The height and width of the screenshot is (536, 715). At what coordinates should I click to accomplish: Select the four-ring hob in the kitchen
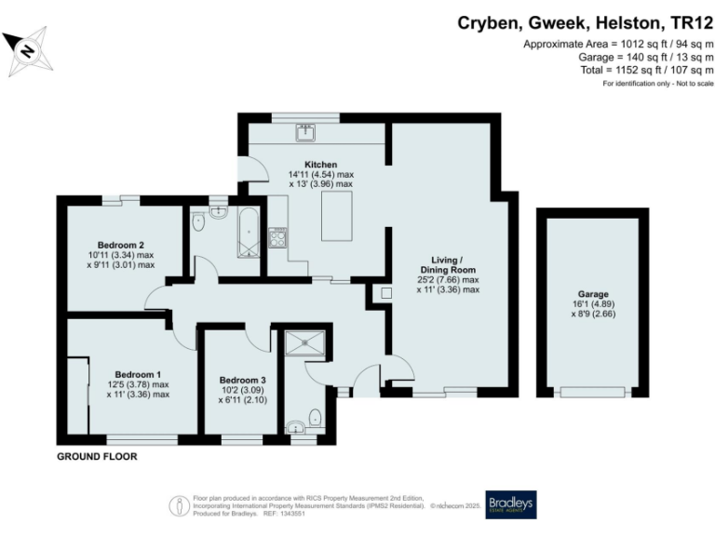pos(277,238)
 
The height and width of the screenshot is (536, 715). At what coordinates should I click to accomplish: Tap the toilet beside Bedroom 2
pos(197,222)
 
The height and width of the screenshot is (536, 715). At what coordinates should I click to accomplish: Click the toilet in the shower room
pos(317,415)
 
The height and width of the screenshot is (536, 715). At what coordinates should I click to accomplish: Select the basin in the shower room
pos(296,428)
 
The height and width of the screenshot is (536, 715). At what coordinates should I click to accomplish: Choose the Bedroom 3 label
pos(242,380)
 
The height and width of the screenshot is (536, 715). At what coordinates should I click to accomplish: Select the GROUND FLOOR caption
pos(97,457)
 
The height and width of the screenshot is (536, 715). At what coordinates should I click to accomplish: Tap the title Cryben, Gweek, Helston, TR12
pos(586,22)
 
